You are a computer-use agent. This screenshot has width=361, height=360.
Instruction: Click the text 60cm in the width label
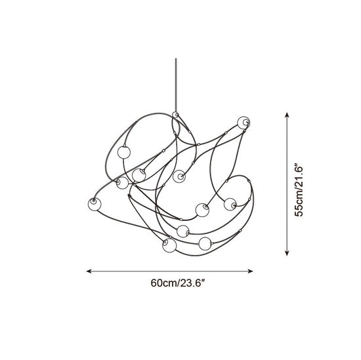[163, 283]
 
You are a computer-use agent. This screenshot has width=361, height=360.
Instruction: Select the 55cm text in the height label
[299, 204]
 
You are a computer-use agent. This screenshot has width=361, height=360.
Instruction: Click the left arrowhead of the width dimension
[89, 271]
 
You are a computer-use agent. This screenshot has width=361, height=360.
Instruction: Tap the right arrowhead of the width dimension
[251, 271]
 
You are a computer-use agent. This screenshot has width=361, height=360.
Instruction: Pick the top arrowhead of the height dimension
[287, 115]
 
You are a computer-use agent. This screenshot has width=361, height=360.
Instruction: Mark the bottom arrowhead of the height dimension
[287, 253]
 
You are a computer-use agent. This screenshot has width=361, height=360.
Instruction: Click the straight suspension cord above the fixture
[176, 85]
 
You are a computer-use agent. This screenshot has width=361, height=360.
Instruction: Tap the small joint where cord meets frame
[176, 115]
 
